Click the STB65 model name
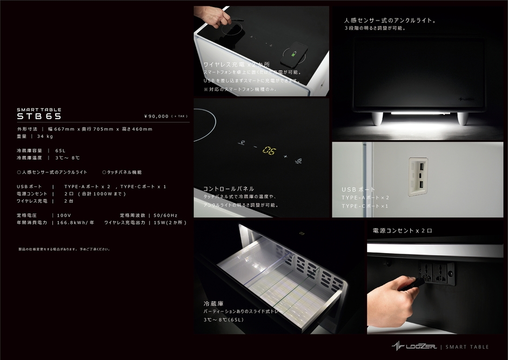[x=39, y=116]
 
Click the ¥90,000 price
[x=157, y=116]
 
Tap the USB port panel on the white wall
[x=418, y=177]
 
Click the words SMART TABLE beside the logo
[x=468, y=347]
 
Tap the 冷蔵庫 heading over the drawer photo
[x=213, y=303]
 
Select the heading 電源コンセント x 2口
[x=402, y=231]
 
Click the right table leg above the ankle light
[x=462, y=118]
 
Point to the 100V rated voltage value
[x=64, y=215]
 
